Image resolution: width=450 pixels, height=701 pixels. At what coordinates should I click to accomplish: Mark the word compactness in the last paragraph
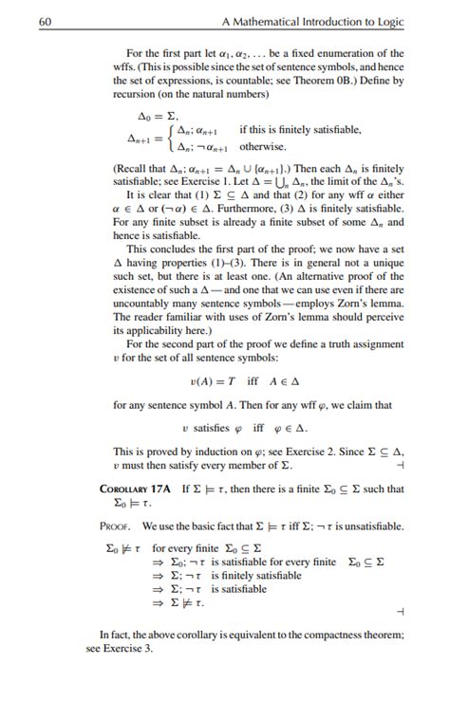336,635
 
